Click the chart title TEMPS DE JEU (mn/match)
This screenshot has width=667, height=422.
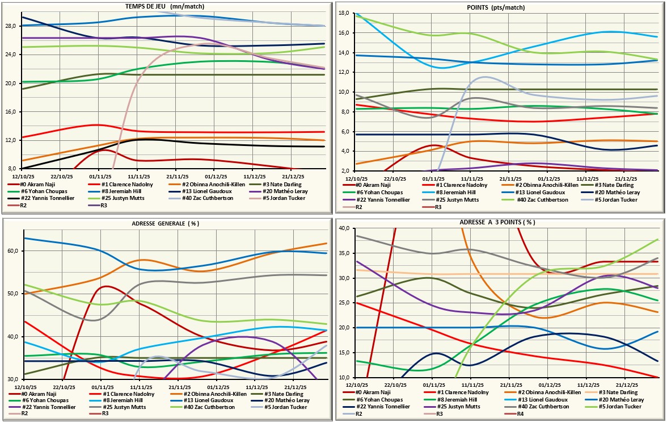(x=164, y=7)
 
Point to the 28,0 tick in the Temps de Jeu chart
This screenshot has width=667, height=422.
(x=12, y=26)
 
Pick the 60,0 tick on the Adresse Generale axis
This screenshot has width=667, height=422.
(x=12, y=251)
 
